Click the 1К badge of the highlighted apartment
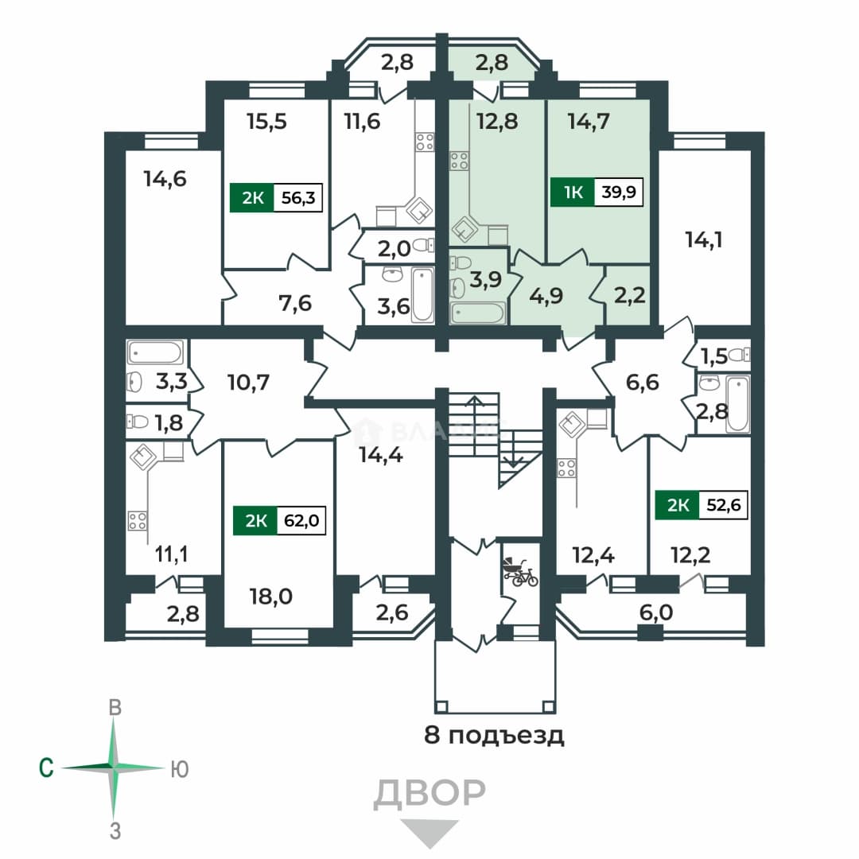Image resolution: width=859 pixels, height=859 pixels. (x=573, y=192)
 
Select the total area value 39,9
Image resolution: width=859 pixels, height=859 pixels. (x=619, y=192)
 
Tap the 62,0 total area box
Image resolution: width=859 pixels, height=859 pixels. (x=301, y=520)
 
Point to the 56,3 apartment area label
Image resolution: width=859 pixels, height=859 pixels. (x=298, y=197)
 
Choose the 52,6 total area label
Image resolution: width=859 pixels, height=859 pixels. (x=723, y=504)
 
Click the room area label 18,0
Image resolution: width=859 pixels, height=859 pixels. (x=270, y=597)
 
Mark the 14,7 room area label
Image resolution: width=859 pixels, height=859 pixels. (x=589, y=121)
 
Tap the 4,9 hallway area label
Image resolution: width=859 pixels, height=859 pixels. (x=546, y=296)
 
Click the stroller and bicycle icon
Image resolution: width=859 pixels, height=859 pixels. (x=520, y=573)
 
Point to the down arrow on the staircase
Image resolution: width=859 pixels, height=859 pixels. (x=513, y=456)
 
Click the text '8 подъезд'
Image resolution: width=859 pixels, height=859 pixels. (x=494, y=735)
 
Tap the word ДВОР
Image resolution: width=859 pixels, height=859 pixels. (x=429, y=793)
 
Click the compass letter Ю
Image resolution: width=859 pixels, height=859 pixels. (x=180, y=770)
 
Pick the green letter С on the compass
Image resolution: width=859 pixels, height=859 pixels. (x=47, y=768)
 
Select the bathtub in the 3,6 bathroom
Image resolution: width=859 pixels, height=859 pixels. (x=422, y=294)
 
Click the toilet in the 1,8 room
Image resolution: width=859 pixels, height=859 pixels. (x=138, y=422)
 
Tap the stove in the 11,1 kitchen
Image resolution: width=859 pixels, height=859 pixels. (x=137, y=521)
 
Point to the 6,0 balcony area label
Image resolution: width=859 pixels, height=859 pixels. (x=655, y=612)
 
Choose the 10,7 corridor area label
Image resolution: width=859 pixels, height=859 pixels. (x=248, y=382)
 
